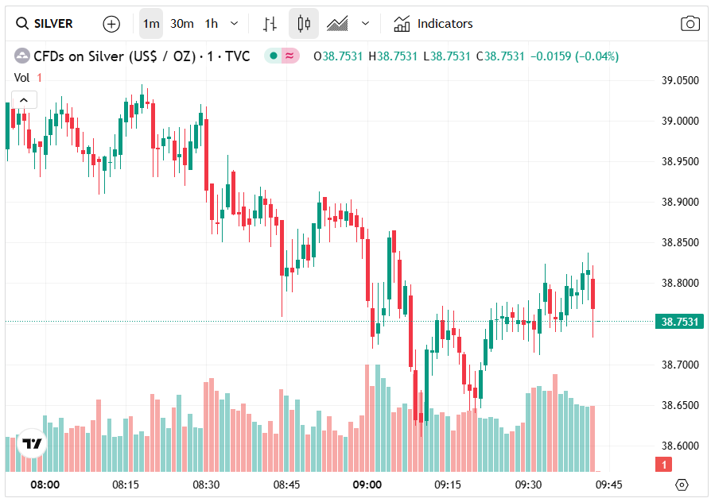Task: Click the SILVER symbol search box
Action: point(46,24)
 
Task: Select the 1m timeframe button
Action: point(151,24)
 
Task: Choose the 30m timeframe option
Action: point(182,24)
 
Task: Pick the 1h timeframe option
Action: point(212,24)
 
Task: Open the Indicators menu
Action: point(433,24)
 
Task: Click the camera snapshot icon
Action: point(690,24)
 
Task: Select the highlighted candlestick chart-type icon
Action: point(303,24)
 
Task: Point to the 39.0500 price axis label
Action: point(681,80)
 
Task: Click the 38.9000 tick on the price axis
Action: point(681,202)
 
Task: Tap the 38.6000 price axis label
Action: point(681,446)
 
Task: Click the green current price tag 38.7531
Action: point(680,322)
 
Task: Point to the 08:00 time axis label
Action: point(45,485)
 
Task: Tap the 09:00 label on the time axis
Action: point(367,485)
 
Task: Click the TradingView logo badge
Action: point(32,444)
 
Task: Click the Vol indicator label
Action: point(22,78)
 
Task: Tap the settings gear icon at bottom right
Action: point(682,485)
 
